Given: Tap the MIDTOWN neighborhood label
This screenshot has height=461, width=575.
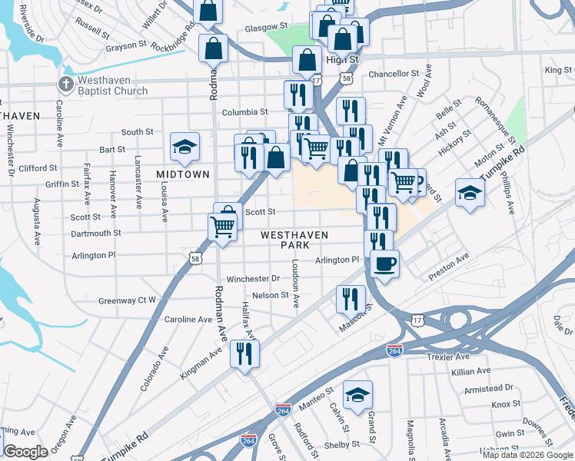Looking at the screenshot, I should tap(183, 174).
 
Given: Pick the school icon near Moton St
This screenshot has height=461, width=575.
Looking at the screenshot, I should tap(469, 193).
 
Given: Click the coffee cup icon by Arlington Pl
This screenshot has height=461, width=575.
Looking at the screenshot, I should tap(384, 264).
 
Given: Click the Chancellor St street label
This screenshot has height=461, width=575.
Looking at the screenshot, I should tap(393, 75).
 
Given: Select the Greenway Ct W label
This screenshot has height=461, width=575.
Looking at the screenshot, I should tap(128, 300).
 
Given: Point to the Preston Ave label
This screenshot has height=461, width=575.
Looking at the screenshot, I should tap(449, 264).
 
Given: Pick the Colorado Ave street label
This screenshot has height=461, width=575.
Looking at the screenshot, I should tap(155, 369).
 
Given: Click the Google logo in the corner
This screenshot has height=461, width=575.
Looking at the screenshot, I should tap(25, 452).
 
